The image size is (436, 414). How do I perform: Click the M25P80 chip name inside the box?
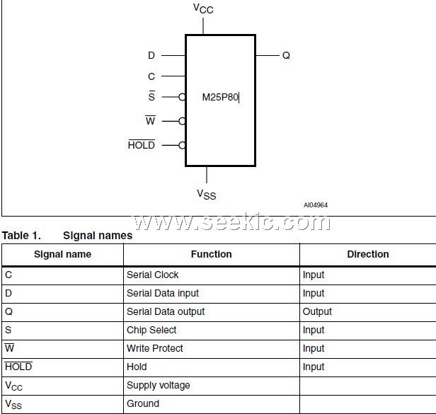click(220, 98)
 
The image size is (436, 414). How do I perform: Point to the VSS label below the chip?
click(206, 194)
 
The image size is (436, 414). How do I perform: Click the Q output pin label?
click(286, 55)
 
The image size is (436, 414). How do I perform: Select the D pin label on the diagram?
click(151, 55)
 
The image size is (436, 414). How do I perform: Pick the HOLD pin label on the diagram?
click(141, 145)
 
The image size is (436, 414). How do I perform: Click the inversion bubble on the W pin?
click(183, 121)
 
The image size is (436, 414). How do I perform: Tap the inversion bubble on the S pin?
click(183, 98)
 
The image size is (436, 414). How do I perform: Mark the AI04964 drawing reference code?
click(316, 205)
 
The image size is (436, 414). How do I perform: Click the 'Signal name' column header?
click(62, 254)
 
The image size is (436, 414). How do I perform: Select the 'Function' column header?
click(211, 254)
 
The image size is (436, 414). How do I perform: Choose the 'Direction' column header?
click(367, 254)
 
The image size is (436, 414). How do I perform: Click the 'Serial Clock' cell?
click(152, 275)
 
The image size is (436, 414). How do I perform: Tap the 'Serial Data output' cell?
click(165, 311)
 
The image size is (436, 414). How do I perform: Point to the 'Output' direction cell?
click(317, 311)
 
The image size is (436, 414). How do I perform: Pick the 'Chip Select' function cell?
click(151, 330)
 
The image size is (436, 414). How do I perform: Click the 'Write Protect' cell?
click(154, 348)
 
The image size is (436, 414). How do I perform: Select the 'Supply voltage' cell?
click(158, 385)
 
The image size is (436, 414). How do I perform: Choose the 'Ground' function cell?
click(143, 403)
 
